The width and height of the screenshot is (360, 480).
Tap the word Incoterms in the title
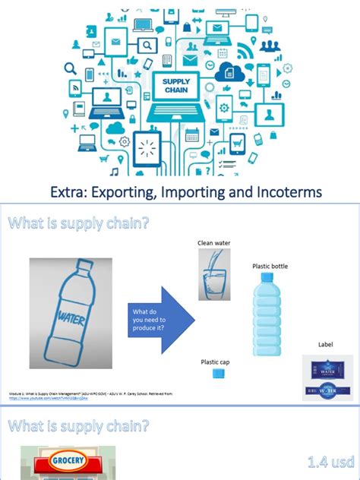[x=286, y=191]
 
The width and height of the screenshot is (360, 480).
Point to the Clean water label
[x=213, y=242]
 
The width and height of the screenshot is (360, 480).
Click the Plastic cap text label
[x=214, y=362]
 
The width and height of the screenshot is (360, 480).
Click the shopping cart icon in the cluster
[x=238, y=140]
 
